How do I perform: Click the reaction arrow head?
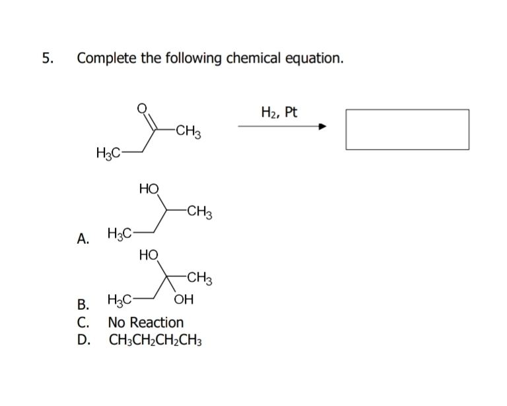point(323,128)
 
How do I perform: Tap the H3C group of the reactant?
point(108,154)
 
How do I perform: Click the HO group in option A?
point(149,189)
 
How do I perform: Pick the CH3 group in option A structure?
point(199,212)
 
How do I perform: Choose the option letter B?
point(83,305)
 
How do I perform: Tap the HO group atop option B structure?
point(149,254)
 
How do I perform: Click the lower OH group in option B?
point(185,303)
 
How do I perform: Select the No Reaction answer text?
point(146,323)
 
